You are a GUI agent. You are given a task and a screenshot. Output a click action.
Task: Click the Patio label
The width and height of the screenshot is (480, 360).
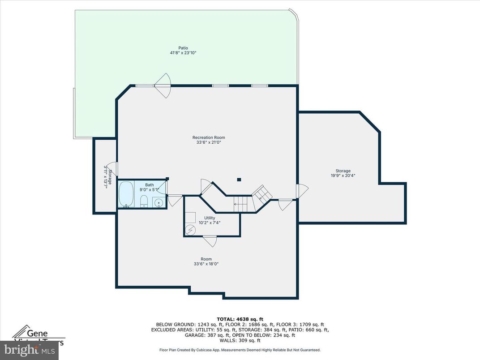tap(183, 47)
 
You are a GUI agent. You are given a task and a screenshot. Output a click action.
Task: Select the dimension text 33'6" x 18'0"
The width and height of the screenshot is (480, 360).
tap(206, 264)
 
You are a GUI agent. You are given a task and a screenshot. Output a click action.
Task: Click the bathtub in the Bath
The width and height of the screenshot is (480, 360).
tap(125, 194)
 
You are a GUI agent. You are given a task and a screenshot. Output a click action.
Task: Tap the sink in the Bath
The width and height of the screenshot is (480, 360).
tap(159, 203)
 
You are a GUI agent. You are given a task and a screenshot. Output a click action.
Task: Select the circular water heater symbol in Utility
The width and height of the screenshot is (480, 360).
tap(191, 230)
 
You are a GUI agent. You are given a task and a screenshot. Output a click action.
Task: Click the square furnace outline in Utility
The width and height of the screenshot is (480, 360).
tap(191, 217)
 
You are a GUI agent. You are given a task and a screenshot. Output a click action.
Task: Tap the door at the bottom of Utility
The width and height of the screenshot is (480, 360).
tap(209, 240)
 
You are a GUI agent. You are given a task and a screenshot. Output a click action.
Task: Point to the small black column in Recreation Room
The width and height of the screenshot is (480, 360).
tap(239, 180)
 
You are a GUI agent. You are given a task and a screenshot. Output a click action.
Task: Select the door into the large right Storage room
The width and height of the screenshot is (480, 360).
tap(301, 192)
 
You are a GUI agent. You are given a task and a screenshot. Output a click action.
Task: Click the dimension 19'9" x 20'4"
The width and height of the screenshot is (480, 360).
tap(343, 176)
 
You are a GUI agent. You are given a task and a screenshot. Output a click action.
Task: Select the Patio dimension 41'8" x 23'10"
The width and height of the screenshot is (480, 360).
tap(183, 53)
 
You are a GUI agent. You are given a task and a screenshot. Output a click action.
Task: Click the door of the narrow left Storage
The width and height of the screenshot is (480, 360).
tap(113, 169)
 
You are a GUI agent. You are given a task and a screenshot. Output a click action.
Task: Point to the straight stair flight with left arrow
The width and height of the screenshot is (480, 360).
tap(240, 204)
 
